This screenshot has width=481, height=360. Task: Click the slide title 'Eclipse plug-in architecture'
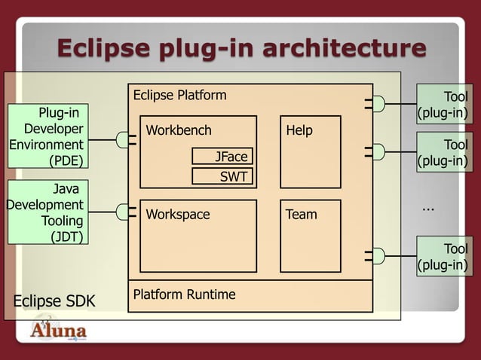click(241, 49)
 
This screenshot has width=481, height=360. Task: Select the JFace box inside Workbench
click(222, 156)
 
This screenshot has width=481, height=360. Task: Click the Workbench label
click(179, 130)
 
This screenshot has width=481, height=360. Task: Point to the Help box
click(310, 151)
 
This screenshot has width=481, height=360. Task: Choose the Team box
click(310, 235)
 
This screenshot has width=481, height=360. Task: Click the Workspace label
click(178, 215)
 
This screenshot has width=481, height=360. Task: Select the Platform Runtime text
click(184, 294)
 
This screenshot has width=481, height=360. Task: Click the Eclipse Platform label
click(179, 95)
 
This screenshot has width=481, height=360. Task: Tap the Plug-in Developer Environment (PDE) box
click(45, 136)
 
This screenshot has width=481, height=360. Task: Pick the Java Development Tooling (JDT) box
click(45, 212)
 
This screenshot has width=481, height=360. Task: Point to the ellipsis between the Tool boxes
click(428, 206)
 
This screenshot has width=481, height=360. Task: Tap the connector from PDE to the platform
click(123, 139)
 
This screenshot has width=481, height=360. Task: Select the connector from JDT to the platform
click(123, 213)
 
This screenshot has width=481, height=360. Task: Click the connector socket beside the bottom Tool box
click(378, 256)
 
